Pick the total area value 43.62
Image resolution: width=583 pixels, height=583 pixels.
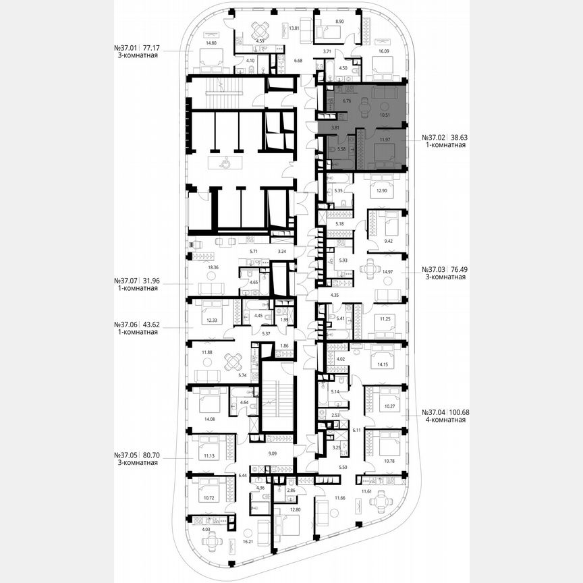148,324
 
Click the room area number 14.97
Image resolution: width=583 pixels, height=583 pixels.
387,271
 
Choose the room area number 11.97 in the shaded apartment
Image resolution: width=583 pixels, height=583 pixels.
385,140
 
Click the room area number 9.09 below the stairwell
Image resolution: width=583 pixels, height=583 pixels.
272,453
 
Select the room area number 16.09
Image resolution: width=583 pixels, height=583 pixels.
384,51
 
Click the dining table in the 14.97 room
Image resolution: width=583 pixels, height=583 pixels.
370,268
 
